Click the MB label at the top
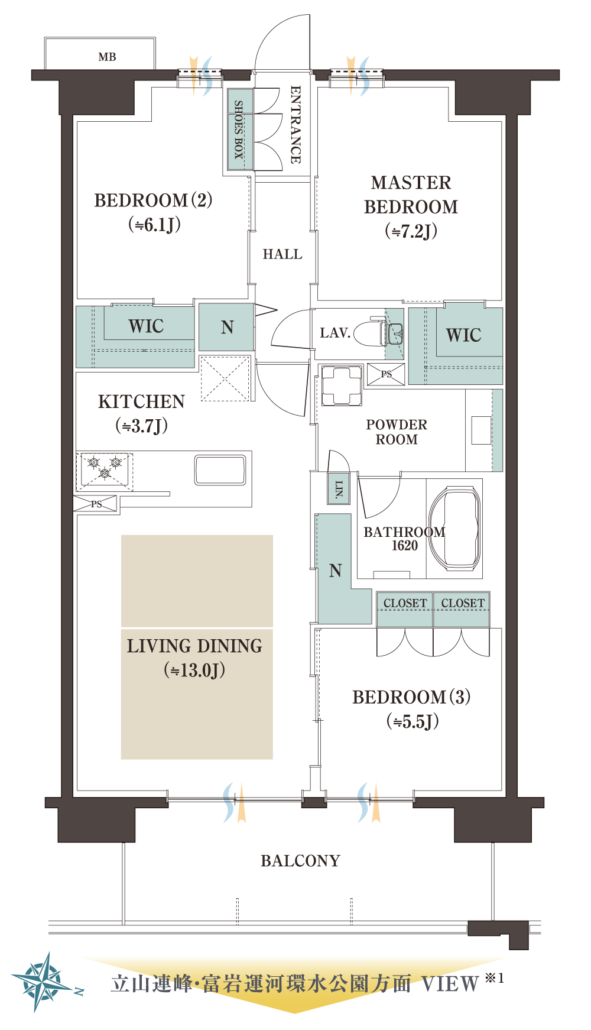(107, 57)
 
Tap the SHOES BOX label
(239, 129)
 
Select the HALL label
(282, 254)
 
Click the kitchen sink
(220, 470)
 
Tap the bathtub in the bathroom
(454, 527)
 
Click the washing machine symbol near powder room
(342, 386)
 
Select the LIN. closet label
(339, 488)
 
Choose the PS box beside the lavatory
(386, 374)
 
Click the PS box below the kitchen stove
(96, 504)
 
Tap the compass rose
(41, 982)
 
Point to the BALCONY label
(301, 861)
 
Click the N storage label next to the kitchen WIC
(228, 327)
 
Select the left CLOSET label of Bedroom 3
(405, 603)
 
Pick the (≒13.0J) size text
(194, 670)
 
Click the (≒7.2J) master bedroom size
(411, 231)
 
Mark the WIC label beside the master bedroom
(464, 335)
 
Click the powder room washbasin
(481, 430)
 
